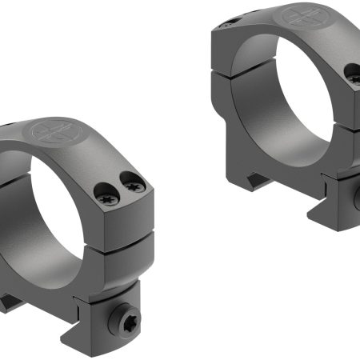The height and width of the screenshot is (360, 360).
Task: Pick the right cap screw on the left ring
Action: click(134, 187)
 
